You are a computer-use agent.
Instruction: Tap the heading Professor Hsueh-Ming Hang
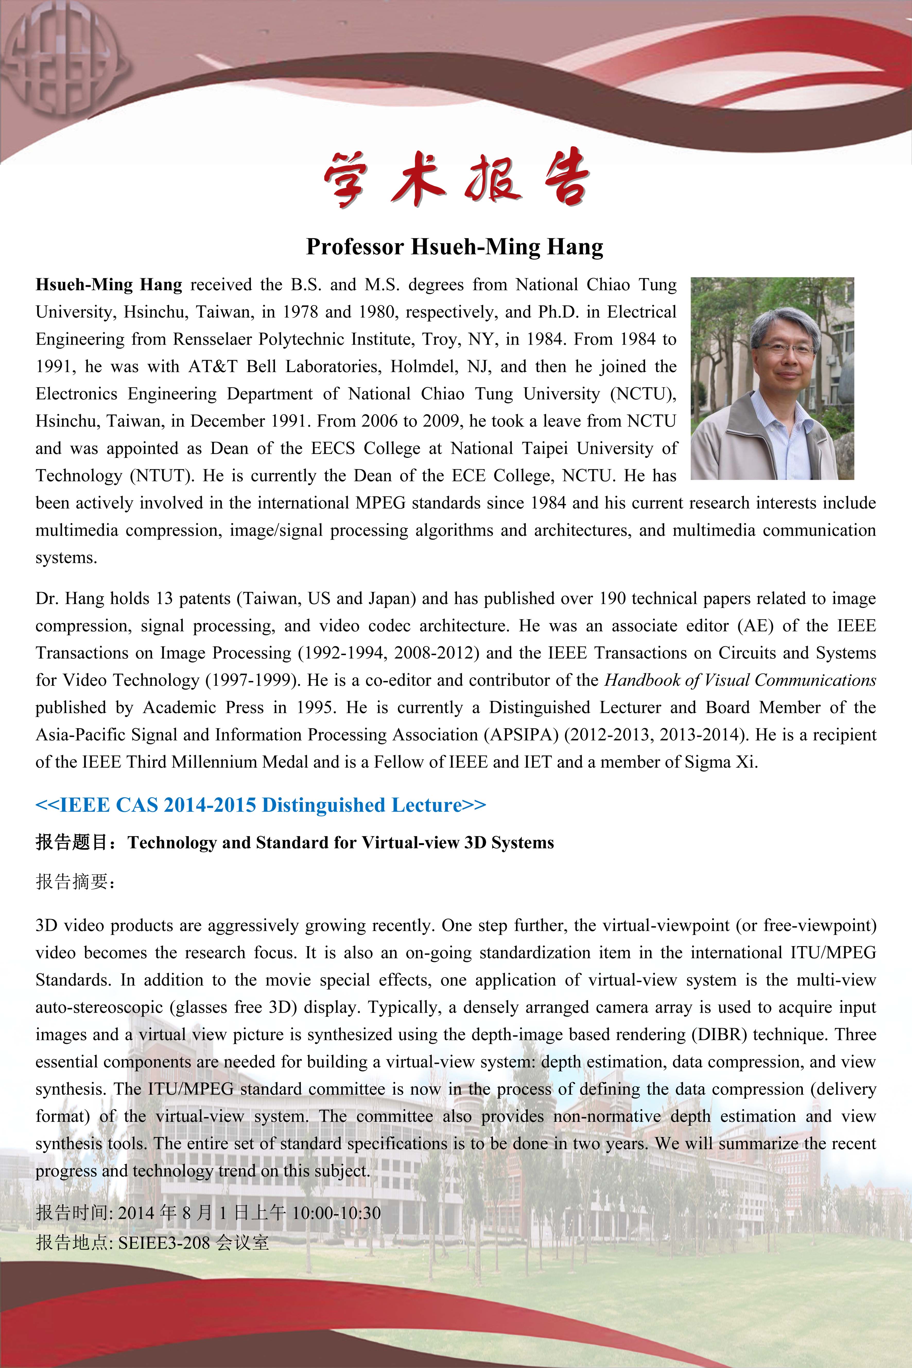pos(455,247)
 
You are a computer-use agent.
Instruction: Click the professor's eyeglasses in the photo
pos(786,349)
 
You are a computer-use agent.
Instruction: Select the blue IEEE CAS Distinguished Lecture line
pos(260,805)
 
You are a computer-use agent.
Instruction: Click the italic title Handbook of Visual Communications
pos(740,680)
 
